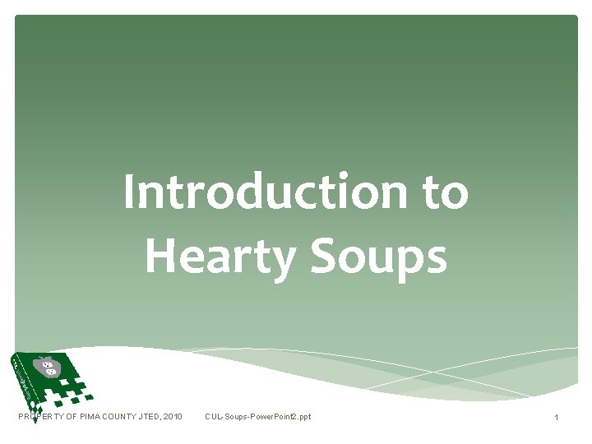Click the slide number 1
coord(557,419)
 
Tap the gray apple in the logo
coord(46,367)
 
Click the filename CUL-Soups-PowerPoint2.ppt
coord(257,418)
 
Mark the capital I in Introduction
coord(129,192)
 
